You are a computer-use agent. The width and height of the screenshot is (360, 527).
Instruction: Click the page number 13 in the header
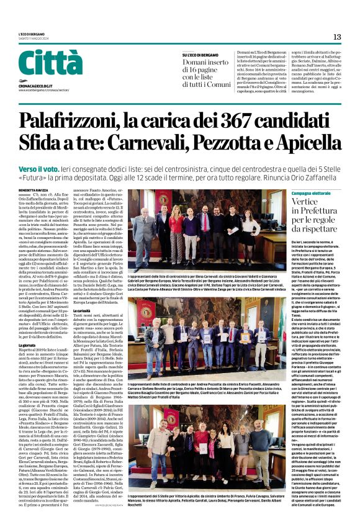pos(337,37)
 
